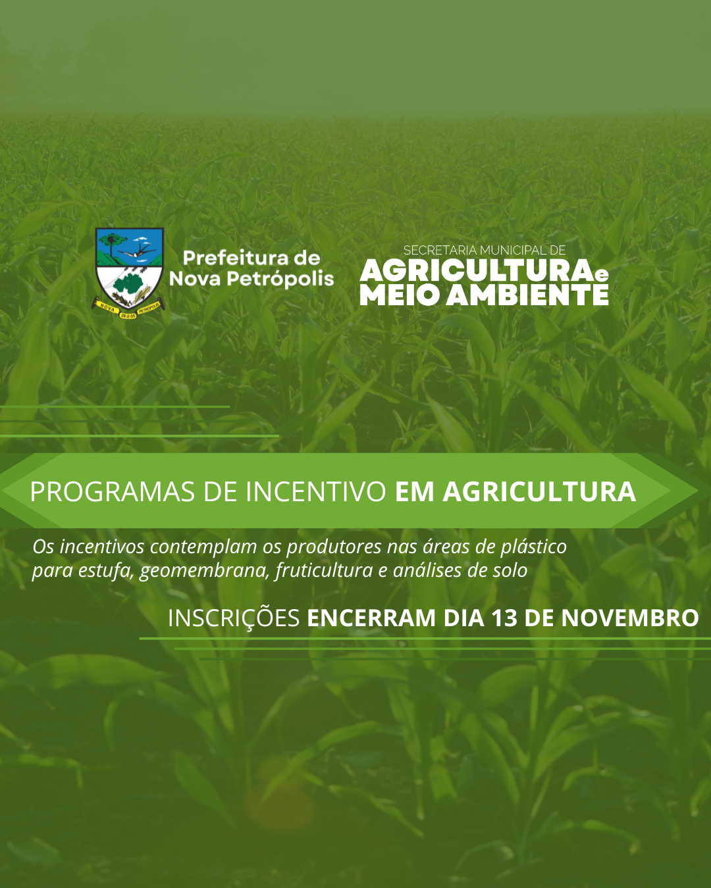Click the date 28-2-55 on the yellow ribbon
click(128, 315)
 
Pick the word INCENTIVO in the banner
click(316, 492)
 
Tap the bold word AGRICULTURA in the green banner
click(539, 492)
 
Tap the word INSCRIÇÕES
click(234, 618)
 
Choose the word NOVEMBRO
click(629, 618)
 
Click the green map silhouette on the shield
click(129, 284)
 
